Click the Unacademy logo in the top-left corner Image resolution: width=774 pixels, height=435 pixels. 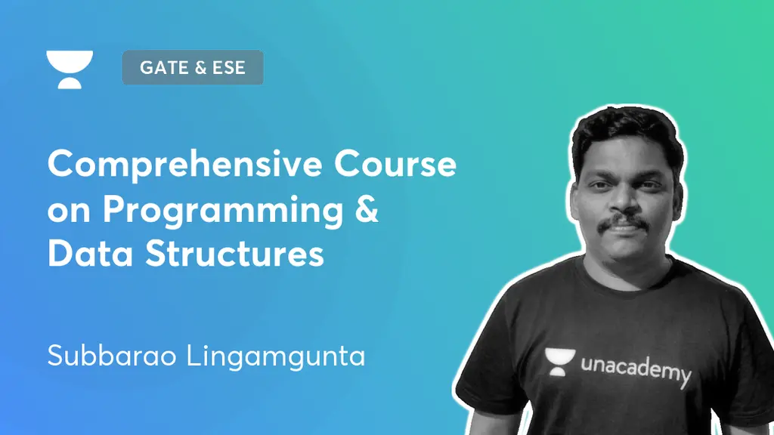click(69, 69)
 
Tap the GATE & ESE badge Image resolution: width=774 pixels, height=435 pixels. click(192, 68)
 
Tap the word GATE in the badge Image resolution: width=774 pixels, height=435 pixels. click(162, 68)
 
